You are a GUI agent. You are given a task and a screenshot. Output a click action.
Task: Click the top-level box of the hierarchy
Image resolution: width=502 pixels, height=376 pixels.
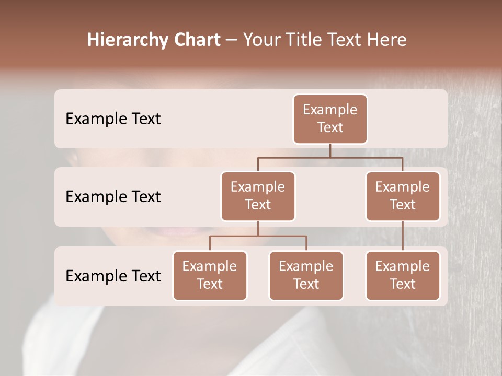[330, 119]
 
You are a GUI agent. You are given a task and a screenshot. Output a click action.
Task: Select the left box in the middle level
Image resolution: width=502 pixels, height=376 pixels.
[258, 196]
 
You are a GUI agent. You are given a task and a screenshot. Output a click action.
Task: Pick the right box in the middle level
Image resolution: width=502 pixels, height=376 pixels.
[403, 196]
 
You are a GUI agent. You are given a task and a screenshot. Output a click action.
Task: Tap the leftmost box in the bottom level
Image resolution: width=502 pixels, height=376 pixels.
[210, 275]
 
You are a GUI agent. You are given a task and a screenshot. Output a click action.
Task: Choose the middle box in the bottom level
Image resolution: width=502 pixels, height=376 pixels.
[306, 275]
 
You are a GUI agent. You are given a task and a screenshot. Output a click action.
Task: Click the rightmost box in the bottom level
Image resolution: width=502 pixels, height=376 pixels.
[403, 275]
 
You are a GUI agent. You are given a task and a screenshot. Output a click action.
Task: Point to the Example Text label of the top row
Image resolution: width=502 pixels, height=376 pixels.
[113, 119]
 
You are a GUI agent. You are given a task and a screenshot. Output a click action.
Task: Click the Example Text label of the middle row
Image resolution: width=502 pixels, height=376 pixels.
[113, 196]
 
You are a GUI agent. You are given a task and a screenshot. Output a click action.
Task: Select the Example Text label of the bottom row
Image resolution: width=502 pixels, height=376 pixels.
[113, 276]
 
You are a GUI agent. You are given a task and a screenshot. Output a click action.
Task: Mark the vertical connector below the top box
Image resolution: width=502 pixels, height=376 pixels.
[330, 150]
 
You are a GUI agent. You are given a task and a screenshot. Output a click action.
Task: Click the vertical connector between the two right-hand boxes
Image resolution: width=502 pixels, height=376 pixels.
[403, 236]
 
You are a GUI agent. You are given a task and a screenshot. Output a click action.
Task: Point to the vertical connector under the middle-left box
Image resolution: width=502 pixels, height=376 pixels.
[258, 228]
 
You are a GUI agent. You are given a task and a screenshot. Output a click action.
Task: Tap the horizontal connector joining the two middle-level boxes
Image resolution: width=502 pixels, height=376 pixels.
[330, 157]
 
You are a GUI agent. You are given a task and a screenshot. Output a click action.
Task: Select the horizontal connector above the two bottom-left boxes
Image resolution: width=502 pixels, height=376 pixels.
[258, 236]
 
